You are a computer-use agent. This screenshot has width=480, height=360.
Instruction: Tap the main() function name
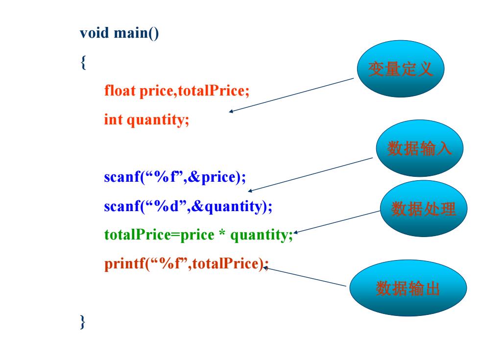click(136, 33)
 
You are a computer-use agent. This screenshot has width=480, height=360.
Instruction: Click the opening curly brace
click(83, 63)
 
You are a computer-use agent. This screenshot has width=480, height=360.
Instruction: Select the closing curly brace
click(82, 322)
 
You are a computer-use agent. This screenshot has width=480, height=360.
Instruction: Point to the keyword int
click(113, 120)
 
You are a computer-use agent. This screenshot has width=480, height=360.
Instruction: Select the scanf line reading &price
click(175, 177)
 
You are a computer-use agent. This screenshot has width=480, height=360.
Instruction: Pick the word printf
click(124, 264)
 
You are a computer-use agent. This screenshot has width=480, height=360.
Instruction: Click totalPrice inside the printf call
click(225, 264)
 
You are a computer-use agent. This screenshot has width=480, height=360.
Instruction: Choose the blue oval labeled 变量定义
click(401, 69)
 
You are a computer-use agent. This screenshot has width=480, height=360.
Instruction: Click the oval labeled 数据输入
click(420, 148)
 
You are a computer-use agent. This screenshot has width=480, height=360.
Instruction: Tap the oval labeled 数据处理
click(424, 209)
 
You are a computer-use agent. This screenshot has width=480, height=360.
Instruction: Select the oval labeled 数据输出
click(408, 288)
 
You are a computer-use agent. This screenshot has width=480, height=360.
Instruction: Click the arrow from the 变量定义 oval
click(291, 95)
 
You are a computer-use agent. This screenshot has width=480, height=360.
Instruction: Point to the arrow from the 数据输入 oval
click(311, 174)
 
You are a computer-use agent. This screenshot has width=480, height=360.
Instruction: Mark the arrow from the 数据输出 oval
click(305, 277)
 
